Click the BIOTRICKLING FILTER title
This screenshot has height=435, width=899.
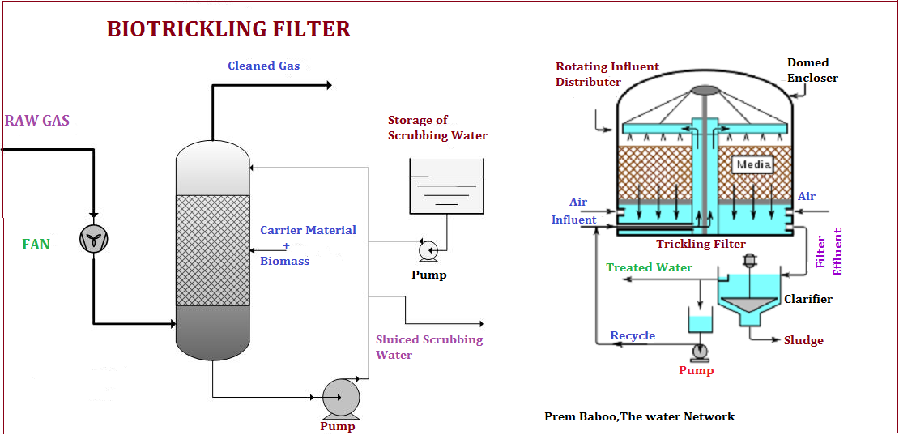tap(228, 28)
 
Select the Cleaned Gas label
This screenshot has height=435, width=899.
tap(264, 66)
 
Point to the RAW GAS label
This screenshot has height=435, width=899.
tap(36, 121)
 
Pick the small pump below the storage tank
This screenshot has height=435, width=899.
tap(427, 249)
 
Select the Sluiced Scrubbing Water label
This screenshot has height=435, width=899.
tap(429, 347)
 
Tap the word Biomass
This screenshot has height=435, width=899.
tap(285, 262)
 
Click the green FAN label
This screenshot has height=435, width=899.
tap(36, 245)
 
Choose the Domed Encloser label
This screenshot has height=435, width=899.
tap(812, 70)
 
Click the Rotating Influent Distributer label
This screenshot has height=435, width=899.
tap(607, 75)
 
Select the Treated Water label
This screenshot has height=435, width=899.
tap(650, 267)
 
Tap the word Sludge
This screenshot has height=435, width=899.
tap(803, 340)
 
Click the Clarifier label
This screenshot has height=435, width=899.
tap(807, 299)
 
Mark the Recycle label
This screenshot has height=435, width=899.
tap(633, 336)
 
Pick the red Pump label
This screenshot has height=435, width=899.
tap(696, 371)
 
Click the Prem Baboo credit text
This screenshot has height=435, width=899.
tap(639, 416)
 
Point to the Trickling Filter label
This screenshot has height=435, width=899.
tap(701, 244)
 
